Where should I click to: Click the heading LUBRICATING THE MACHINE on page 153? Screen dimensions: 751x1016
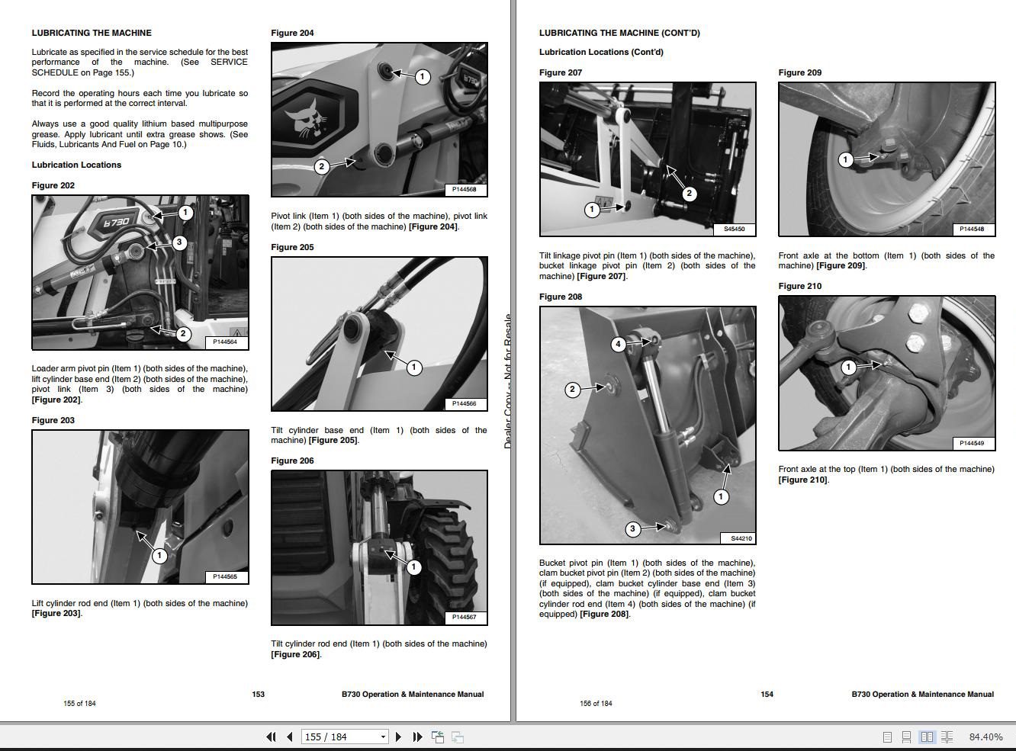click(92, 33)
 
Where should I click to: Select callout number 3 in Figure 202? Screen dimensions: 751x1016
click(179, 242)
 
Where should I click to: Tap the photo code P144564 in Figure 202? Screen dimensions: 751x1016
click(224, 342)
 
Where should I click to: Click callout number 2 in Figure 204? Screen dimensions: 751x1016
click(322, 166)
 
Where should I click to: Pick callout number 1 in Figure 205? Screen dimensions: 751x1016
click(413, 368)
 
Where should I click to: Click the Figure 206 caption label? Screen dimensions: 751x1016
click(292, 461)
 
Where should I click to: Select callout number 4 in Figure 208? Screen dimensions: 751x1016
click(619, 345)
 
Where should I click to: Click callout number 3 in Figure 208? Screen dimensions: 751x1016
click(632, 529)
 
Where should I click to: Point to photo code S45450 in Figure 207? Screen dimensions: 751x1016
click(734, 229)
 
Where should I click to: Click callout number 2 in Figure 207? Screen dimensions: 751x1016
click(689, 194)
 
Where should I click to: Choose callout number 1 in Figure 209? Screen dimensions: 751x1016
click(845, 159)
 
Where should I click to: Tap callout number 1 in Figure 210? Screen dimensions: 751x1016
click(848, 367)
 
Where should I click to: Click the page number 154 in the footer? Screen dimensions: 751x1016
click(767, 694)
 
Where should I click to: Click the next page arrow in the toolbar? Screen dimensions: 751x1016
click(398, 737)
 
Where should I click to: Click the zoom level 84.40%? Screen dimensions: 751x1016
click(985, 737)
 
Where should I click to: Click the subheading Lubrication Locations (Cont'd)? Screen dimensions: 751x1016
click(601, 52)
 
